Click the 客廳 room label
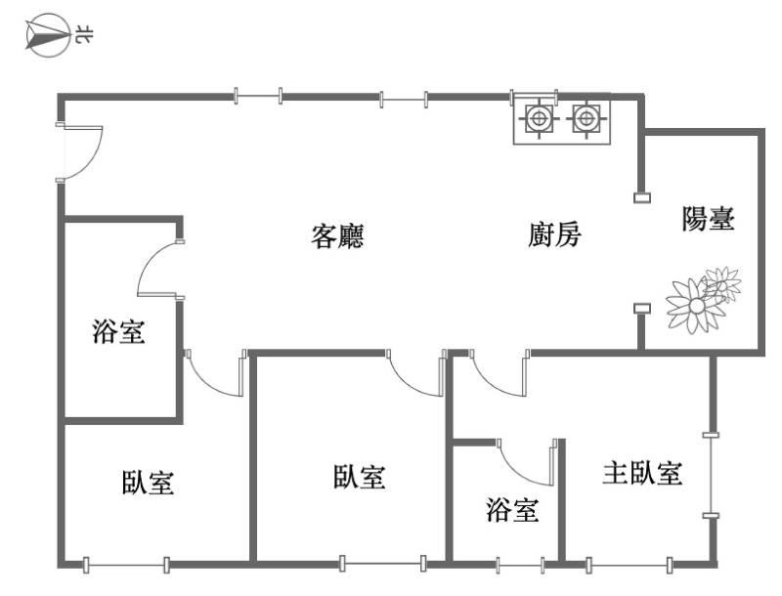[337, 236]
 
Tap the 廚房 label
[554, 235]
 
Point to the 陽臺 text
[708, 219]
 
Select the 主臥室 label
[641, 474]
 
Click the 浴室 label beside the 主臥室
[512, 509]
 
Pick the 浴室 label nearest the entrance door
[118, 332]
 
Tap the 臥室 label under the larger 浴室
[149, 482]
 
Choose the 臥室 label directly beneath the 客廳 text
[359, 477]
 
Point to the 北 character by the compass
[84, 37]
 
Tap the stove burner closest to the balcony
[585, 119]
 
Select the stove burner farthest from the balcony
[537, 119]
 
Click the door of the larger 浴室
[159, 266]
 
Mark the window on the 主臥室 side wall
[713, 474]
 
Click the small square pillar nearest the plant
[642, 310]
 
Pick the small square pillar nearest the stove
[642, 198]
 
